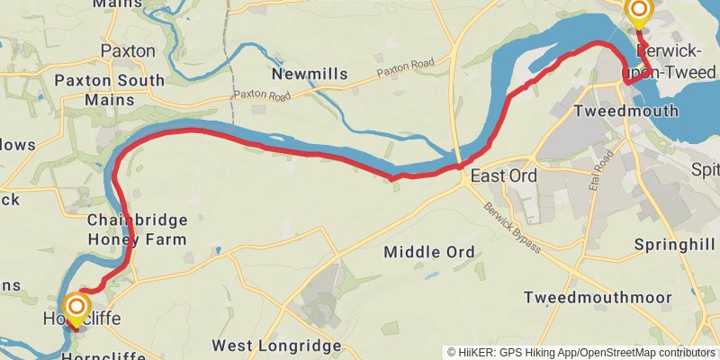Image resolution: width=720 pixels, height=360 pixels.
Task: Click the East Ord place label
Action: [x=503, y=176]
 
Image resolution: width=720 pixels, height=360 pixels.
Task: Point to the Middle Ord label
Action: [x=428, y=252]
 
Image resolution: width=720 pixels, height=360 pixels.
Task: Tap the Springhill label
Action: [x=673, y=245]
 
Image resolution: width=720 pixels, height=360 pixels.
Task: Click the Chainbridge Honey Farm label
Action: [x=137, y=229]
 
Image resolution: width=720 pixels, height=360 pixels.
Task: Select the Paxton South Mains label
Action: [x=110, y=89]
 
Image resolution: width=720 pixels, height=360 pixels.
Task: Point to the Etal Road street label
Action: [x=604, y=166]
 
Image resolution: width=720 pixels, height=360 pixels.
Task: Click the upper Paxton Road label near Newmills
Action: [x=406, y=66]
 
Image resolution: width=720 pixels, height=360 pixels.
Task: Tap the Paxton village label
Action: [x=128, y=51]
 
